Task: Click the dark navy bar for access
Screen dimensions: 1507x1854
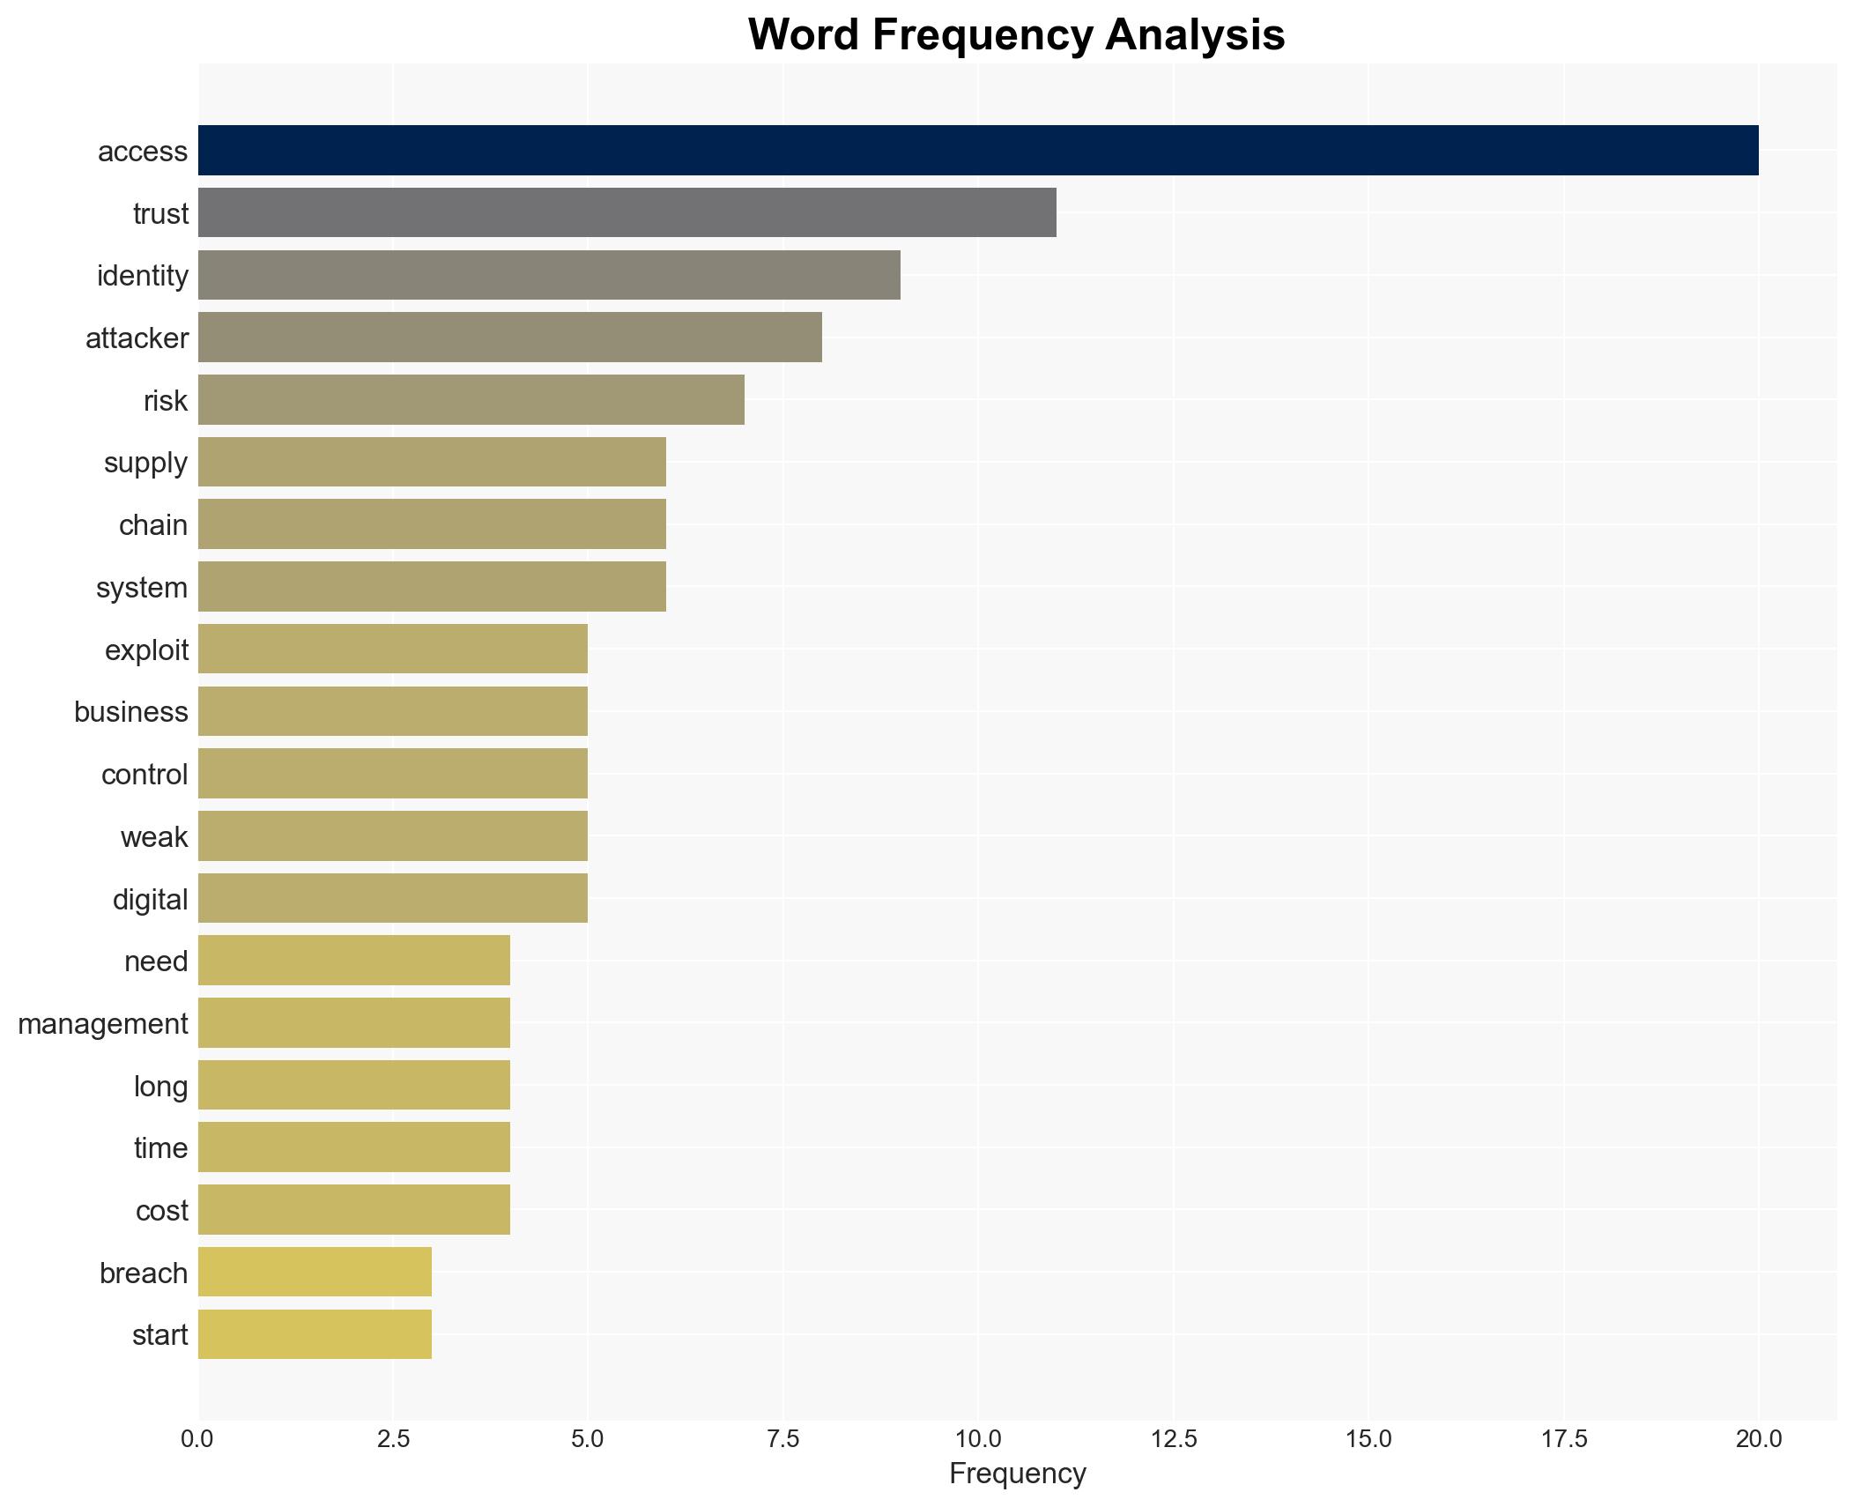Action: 977,151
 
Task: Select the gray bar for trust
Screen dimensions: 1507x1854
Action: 627,212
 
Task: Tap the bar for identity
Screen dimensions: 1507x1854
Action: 548,275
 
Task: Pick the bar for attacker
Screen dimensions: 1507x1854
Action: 509,338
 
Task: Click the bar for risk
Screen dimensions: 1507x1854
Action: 471,400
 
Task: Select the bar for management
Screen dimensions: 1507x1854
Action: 353,1023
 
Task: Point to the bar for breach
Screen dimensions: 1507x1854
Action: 315,1273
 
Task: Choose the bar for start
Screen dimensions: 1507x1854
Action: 315,1334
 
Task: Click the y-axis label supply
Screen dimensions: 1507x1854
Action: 145,463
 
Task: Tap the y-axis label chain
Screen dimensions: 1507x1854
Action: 152,525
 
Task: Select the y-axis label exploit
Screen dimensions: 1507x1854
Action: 146,650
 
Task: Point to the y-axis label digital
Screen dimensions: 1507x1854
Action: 150,900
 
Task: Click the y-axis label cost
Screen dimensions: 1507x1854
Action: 161,1211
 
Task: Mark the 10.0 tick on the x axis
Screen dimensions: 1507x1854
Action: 977,1439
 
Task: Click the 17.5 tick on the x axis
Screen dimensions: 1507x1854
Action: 1563,1439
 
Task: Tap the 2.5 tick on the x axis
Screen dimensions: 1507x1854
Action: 393,1439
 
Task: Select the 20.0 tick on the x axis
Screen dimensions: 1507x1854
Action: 1758,1439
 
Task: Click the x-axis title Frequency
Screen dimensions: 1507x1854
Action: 1017,1474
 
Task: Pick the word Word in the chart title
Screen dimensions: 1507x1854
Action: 804,35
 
